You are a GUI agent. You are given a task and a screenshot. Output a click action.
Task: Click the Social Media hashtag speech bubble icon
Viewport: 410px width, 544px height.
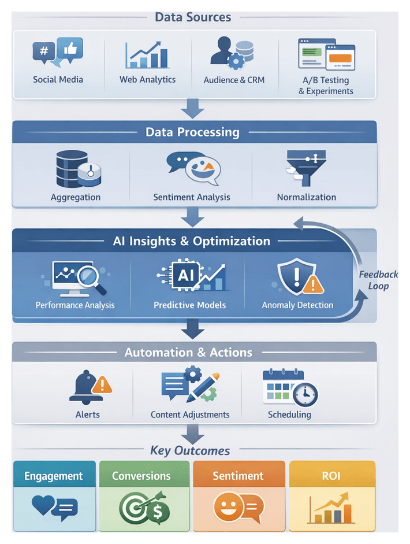44,52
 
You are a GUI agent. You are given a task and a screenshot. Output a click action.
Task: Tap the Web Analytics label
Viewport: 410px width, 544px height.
147,80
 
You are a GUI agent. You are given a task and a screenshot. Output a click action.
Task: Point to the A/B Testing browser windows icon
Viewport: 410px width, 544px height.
326,54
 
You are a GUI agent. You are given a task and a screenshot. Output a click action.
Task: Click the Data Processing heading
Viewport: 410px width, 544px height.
192,132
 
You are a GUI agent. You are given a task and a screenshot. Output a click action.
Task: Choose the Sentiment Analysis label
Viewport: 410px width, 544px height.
192,197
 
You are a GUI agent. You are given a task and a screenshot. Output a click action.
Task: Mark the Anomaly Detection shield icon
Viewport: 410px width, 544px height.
294,277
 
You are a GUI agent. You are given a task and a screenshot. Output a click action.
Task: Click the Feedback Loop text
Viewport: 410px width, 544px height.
378,280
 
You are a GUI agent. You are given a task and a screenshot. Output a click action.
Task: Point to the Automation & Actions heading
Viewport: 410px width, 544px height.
188,352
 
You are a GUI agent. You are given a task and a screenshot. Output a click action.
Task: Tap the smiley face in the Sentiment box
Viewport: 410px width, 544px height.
226,508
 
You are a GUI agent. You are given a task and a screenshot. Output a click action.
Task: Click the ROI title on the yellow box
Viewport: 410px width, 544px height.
331,476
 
